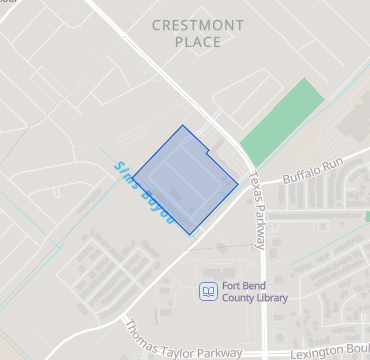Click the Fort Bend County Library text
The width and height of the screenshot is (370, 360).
(255, 291)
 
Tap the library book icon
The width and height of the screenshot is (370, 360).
(207, 291)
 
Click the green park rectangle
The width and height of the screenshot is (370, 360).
(283, 121)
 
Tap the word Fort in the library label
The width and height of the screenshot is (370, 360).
(234, 285)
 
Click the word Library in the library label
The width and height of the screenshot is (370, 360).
(271, 298)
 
